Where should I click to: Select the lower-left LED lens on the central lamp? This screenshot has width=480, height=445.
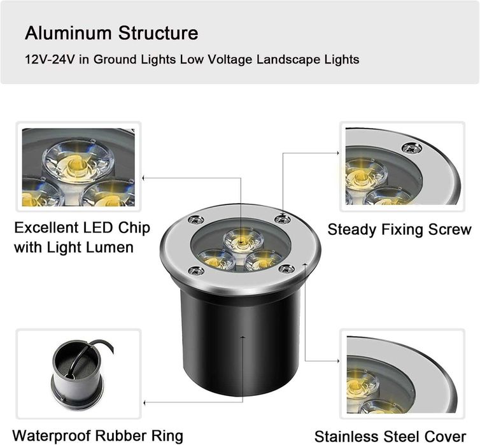(x=212, y=260)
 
